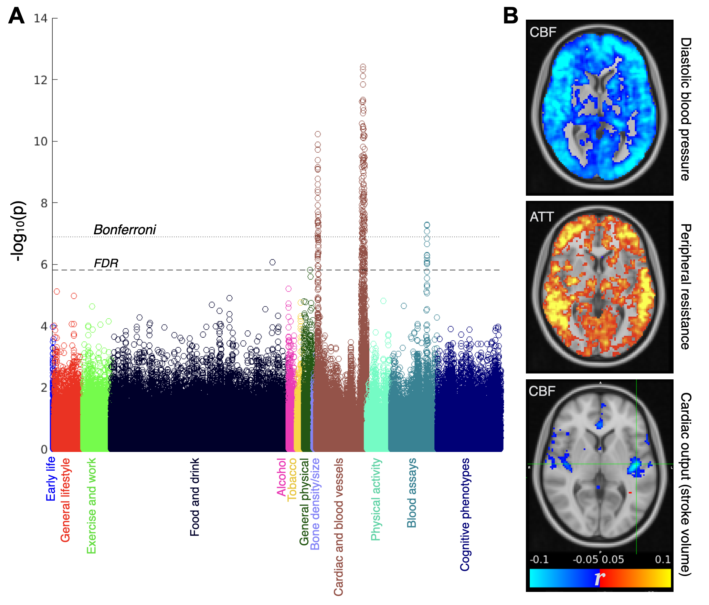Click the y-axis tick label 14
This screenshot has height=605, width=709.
(x=40, y=18)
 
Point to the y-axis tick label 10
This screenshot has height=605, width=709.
(x=40, y=141)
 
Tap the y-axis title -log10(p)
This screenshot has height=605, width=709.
(x=18, y=231)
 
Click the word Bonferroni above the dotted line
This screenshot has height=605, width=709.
(x=125, y=229)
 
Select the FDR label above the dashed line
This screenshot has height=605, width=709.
(x=106, y=263)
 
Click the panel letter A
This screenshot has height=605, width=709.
(x=16, y=16)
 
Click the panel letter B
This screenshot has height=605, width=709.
(x=510, y=16)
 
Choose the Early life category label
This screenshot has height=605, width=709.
(x=51, y=479)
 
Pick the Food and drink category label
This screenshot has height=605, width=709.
(x=195, y=497)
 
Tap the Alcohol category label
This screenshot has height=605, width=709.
(x=282, y=477)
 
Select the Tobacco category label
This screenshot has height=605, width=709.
(x=292, y=479)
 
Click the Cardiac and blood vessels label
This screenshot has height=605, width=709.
(x=339, y=527)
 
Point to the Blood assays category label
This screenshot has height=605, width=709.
(x=412, y=493)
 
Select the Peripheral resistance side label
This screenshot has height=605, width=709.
(x=686, y=287)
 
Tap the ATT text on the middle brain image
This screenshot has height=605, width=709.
(x=541, y=217)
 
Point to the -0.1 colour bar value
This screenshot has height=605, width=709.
(x=539, y=559)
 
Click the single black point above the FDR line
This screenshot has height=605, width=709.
(x=272, y=262)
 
